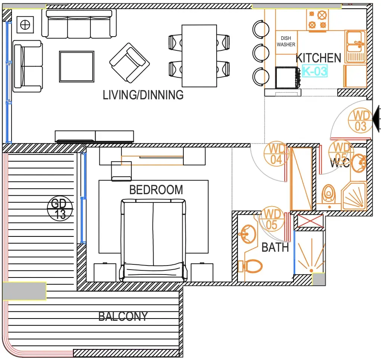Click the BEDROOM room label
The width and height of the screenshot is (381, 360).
click(156, 190)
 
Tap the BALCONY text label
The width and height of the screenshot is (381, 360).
click(123, 316)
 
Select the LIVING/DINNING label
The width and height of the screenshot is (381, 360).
click(143, 95)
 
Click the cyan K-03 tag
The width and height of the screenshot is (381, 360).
click(315, 71)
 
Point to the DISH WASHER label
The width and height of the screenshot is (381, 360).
click(286, 41)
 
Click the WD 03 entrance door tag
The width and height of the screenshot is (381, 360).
click(360, 121)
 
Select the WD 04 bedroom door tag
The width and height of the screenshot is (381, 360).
click(276, 154)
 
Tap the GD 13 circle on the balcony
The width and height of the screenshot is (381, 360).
click(60, 208)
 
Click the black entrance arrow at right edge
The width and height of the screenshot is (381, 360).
click(376, 119)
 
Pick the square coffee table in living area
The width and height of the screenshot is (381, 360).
click(77, 66)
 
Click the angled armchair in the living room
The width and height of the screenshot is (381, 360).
click(130, 63)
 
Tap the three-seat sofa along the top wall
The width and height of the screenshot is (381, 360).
click(79, 24)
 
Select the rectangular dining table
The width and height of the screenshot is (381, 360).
click(199, 56)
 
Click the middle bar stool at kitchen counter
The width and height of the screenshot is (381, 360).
click(261, 53)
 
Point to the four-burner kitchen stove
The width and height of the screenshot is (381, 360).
click(317, 20)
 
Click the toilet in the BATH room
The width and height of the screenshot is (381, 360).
click(250, 266)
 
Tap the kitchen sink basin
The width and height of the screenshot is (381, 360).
click(356, 46)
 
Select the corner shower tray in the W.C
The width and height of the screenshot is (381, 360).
click(354, 196)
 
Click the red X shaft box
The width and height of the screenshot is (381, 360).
click(310, 221)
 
